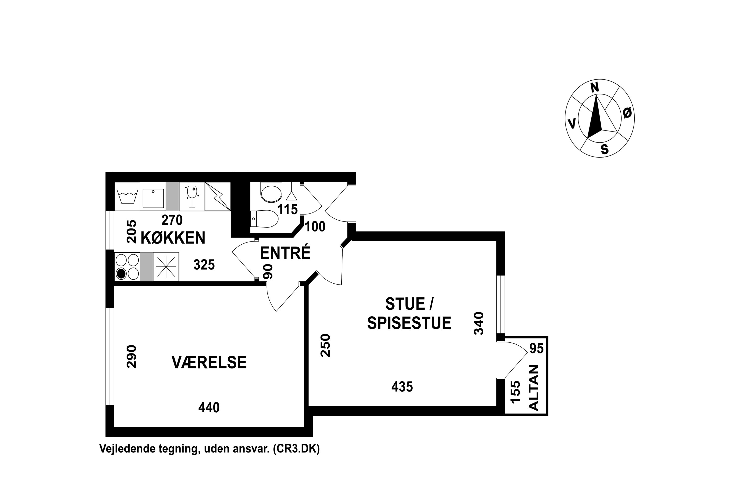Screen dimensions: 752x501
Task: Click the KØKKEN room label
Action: click(x=173, y=238)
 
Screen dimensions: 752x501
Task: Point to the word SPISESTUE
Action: click(x=409, y=323)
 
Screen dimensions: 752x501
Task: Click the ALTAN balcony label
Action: click(x=534, y=388)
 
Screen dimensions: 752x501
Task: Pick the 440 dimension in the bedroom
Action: click(x=209, y=407)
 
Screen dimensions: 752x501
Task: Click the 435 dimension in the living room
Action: click(x=402, y=387)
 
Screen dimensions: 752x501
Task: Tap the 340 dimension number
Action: click(x=479, y=323)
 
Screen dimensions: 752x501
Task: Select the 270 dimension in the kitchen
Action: click(x=172, y=220)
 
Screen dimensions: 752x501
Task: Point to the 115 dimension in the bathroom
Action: click(x=288, y=209)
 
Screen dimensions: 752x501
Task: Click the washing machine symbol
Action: click(x=127, y=196)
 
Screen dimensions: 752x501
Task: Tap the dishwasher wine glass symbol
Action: click(x=192, y=196)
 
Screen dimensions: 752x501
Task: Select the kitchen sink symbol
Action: click(x=153, y=198)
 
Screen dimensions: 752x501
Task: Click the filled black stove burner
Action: click(x=121, y=274)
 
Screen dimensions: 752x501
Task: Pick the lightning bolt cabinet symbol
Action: click(x=218, y=196)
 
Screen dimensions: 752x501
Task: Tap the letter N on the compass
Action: click(x=595, y=87)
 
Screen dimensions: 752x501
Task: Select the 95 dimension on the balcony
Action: click(x=536, y=348)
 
